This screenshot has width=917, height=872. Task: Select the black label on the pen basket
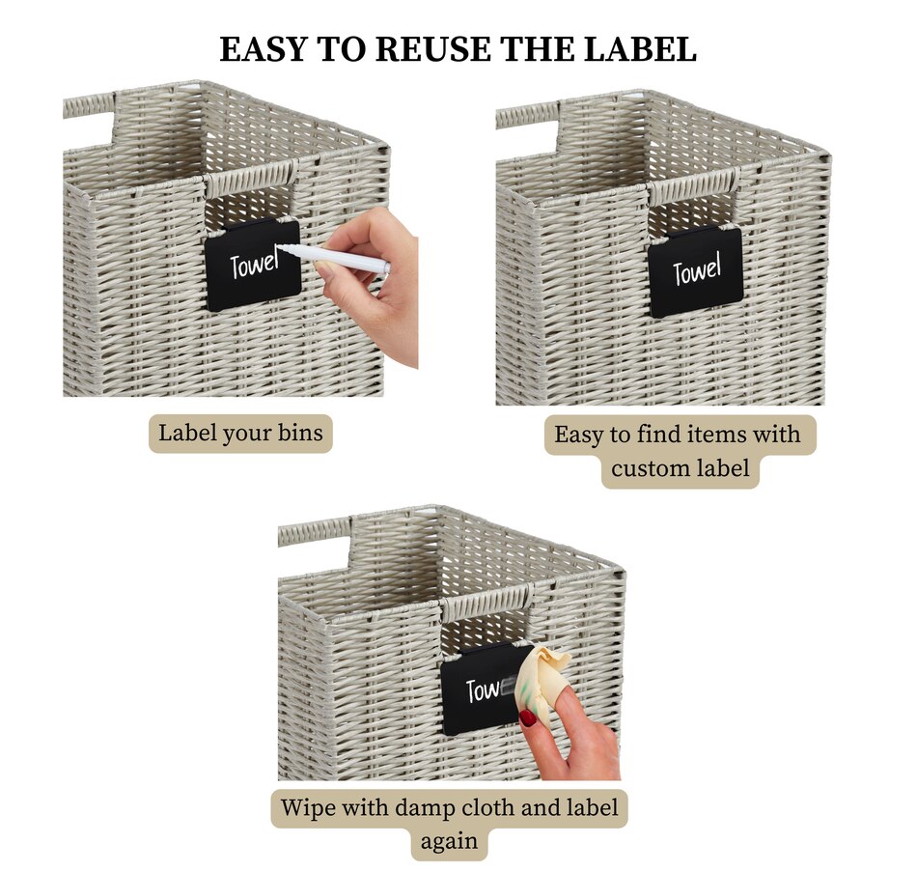click(x=253, y=265)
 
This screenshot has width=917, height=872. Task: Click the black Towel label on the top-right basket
click(x=695, y=271)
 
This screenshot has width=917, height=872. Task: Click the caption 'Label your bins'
click(x=240, y=434)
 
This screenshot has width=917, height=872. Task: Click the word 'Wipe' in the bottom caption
click(x=307, y=807)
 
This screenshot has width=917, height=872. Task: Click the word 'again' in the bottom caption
click(x=449, y=841)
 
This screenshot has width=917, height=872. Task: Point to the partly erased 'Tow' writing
click(x=483, y=690)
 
